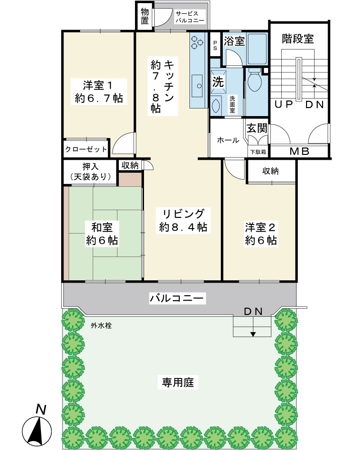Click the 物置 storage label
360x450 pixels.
click(x=145, y=16)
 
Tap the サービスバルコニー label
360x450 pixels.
click(x=190, y=17)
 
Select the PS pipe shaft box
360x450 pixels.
click(x=215, y=45)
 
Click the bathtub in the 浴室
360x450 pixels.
click(x=257, y=49)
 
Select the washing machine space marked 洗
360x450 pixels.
click(x=218, y=82)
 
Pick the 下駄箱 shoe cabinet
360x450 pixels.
click(x=258, y=152)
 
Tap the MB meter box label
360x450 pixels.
click(x=299, y=151)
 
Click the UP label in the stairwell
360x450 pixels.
click(x=283, y=104)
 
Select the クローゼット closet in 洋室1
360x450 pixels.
click(x=86, y=149)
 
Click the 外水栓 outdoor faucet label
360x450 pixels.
click(x=101, y=325)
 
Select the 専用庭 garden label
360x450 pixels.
click(x=178, y=382)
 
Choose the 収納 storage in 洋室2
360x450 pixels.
click(x=271, y=171)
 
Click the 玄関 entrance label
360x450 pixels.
click(x=257, y=128)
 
